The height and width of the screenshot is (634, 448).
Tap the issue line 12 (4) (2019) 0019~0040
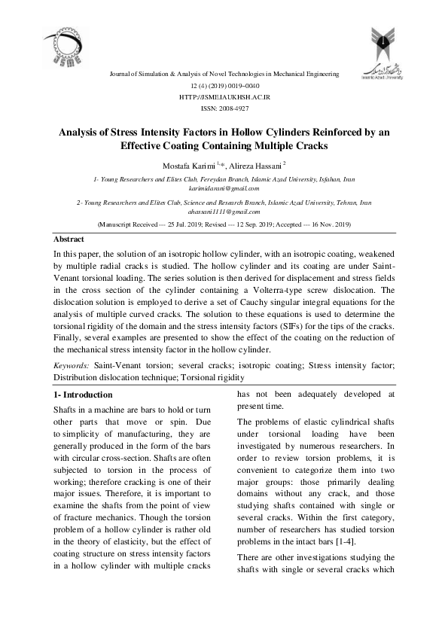point(224,87)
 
